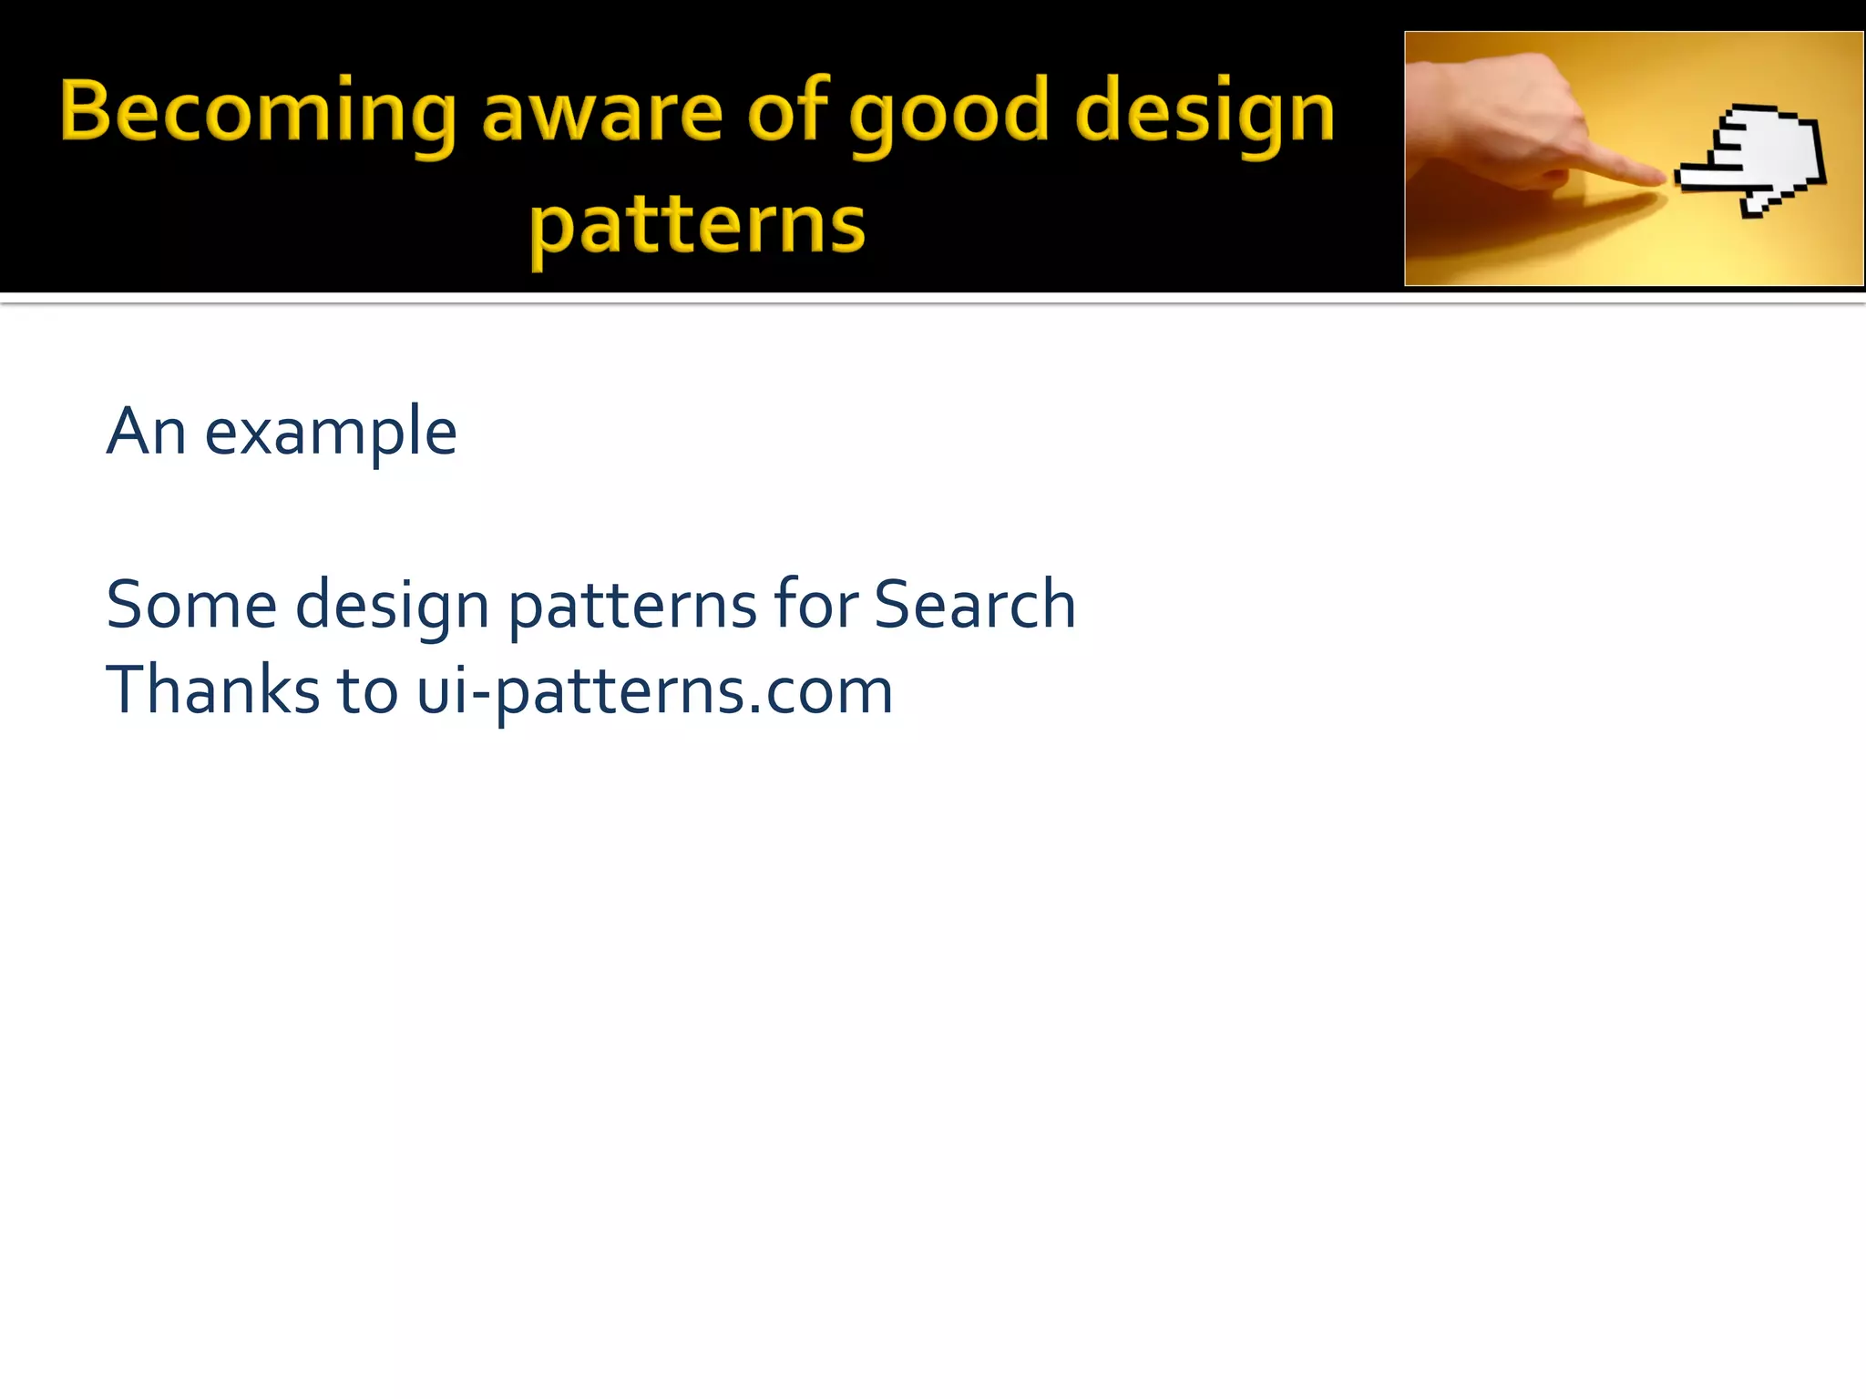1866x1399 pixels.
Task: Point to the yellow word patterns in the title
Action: click(x=697, y=228)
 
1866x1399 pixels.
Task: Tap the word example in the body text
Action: click(x=330, y=434)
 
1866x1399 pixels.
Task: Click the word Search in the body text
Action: click(x=974, y=605)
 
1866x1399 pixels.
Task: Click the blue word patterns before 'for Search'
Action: click(x=631, y=608)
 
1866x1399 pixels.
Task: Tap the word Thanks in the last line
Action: click(x=211, y=690)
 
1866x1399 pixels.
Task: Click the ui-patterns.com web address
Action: click(x=654, y=692)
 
